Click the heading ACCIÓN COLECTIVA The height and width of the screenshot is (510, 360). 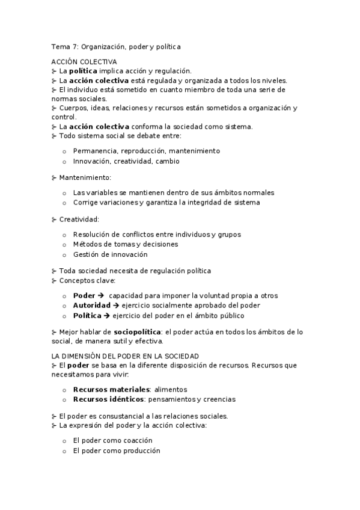(84, 61)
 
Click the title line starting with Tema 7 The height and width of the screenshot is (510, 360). (116, 46)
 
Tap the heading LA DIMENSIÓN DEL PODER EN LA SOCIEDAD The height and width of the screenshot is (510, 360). (125, 356)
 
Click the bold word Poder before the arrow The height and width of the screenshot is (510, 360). (84, 295)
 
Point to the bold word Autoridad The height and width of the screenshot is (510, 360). (93, 305)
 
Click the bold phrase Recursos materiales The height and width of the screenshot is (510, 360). (111, 389)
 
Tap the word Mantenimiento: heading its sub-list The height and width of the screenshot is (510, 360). (85, 177)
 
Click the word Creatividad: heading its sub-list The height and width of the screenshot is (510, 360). (79, 219)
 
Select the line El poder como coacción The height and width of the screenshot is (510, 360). (112, 440)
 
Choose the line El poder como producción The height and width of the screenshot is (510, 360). (117, 450)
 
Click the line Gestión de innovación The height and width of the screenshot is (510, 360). (110, 254)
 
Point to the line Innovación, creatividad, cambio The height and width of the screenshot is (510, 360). (126, 161)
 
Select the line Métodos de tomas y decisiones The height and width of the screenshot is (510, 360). (125, 244)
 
